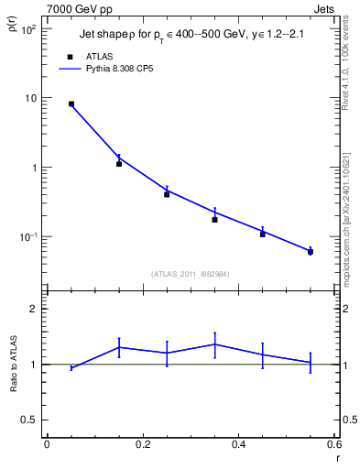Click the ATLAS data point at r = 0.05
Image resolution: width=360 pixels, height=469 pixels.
click(x=71, y=104)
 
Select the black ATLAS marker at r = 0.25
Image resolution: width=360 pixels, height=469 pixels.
click(x=167, y=194)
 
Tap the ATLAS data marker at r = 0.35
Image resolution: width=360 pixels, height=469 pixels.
click(x=214, y=220)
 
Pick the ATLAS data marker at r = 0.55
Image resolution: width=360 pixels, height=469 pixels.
click(x=311, y=251)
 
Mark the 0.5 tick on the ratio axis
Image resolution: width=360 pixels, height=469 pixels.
click(x=28, y=420)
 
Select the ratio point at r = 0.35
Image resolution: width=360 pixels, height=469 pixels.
click(x=214, y=344)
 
